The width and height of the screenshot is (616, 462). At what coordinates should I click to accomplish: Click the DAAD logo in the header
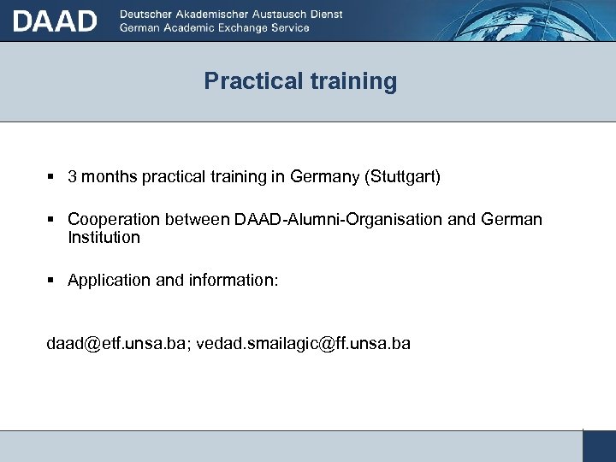tap(55, 21)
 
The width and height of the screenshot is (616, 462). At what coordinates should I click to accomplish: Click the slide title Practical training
tap(300, 81)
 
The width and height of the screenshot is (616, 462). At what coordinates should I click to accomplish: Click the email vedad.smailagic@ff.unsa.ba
tap(304, 343)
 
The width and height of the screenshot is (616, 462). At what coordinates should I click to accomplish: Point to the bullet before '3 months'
tap(51, 177)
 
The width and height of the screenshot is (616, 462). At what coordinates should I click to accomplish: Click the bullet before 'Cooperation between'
tap(51, 220)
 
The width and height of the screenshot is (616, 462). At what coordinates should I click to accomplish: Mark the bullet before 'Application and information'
tap(51, 280)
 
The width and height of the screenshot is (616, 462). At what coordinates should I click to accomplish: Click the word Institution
tap(104, 237)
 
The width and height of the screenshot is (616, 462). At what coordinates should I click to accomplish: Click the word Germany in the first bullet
tap(325, 177)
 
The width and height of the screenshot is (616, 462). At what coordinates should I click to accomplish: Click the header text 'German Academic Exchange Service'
tap(215, 27)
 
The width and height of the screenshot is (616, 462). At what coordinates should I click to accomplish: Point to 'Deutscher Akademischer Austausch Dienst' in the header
tap(231, 15)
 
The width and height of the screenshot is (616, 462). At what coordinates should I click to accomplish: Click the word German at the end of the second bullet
tap(512, 220)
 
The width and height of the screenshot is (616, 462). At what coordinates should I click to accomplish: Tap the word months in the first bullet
tap(110, 177)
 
